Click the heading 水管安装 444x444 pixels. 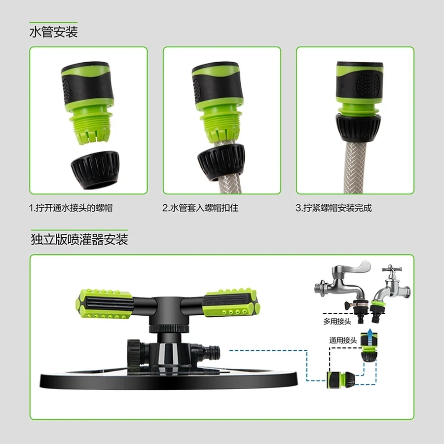[53, 32]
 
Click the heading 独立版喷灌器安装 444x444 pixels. [79, 239]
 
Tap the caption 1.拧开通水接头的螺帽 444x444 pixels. [71, 208]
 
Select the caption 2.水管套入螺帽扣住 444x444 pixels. [200, 208]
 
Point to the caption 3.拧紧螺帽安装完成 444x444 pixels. [333, 208]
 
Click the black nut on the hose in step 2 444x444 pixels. [221, 162]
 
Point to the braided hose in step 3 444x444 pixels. [356, 167]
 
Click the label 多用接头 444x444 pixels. [337, 321]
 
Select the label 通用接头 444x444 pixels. [343, 340]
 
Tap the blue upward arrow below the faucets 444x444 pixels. [369, 333]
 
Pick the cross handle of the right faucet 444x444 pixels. [390, 269]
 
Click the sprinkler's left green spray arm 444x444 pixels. [104, 304]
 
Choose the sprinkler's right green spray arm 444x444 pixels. [231, 302]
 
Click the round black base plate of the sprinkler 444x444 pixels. [169, 380]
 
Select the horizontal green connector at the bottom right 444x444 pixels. [340, 379]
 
